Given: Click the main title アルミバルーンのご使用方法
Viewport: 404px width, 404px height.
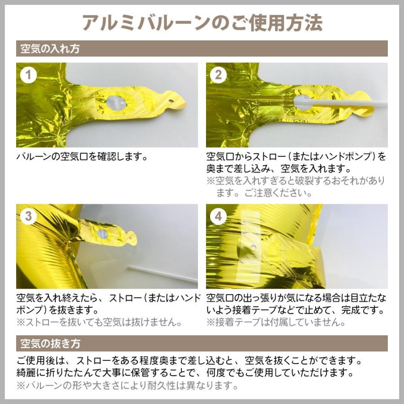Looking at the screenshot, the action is (202, 23).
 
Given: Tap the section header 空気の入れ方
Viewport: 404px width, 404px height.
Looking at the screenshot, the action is (50, 48).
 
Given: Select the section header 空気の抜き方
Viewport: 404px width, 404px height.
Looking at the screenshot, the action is (50, 343).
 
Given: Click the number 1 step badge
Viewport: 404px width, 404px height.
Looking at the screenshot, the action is (28, 75).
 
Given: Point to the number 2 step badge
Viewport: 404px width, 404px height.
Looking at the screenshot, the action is (218, 75).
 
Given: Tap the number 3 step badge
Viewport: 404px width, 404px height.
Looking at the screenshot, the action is (28, 216).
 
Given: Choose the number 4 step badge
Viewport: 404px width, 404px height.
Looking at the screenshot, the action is (218, 216).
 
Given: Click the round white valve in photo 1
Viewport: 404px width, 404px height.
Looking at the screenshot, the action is (116, 103).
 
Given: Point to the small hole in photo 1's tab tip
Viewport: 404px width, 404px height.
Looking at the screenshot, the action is (170, 101).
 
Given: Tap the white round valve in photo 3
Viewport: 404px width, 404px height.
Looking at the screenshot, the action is (102, 234).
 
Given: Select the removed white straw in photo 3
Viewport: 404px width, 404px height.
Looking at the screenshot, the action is (162, 274).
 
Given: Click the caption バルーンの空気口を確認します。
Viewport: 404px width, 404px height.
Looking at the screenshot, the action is (82, 156).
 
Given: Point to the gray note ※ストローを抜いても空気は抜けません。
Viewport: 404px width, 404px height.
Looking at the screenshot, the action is (100, 322).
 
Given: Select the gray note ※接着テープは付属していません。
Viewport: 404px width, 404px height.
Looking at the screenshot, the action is (276, 322).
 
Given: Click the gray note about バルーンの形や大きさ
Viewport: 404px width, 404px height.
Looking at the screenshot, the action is (127, 386).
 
